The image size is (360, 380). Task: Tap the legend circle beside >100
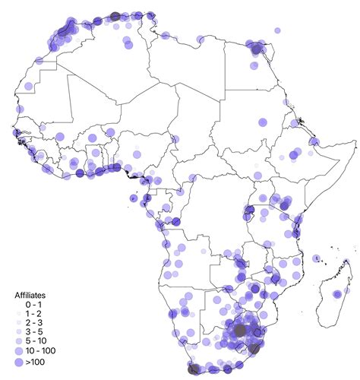pos(20,363)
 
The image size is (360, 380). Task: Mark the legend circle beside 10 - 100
pos(20,352)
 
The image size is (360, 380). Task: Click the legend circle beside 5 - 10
pos(20,342)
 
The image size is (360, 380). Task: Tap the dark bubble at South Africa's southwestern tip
pos(194,369)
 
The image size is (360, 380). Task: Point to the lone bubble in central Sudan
pos(262,122)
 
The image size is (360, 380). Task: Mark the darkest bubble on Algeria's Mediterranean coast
pos(115,17)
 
